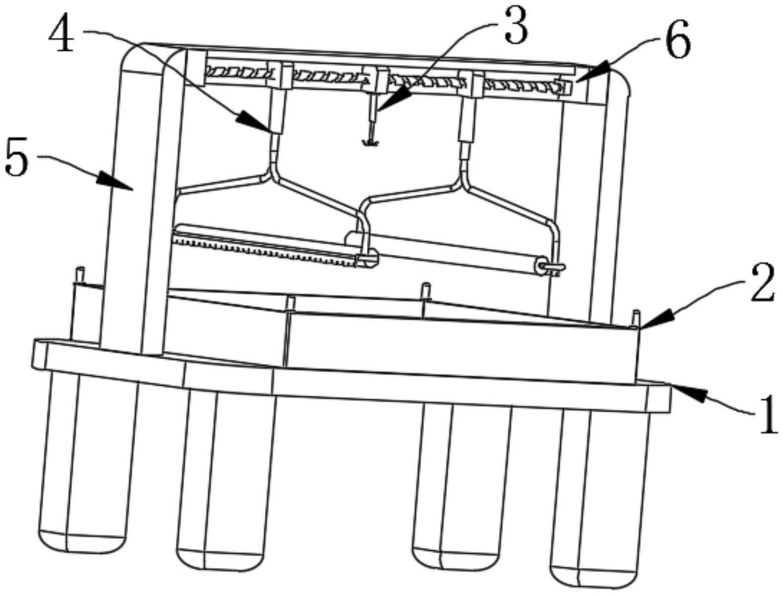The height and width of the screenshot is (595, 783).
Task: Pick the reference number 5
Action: [x=17, y=159]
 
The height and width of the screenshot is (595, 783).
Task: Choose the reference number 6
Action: [x=678, y=40]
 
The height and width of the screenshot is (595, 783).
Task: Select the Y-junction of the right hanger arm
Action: [x=463, y=185]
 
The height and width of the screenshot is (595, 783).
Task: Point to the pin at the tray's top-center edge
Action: [x=425, y=291]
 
